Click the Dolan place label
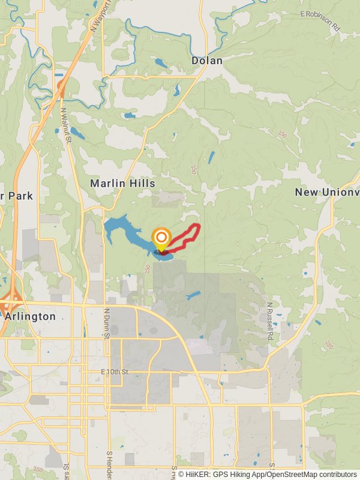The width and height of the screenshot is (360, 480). (207, 61)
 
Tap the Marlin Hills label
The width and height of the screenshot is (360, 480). (122, 184)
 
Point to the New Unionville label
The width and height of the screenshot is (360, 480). (328, 192)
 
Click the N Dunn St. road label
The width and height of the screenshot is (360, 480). (107, 323)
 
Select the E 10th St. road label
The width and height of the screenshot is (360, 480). (115, 373)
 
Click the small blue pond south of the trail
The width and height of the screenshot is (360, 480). (193, 295)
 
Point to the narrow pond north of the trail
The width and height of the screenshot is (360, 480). (211, 158)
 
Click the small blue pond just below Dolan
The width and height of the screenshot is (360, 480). (177, 91)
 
